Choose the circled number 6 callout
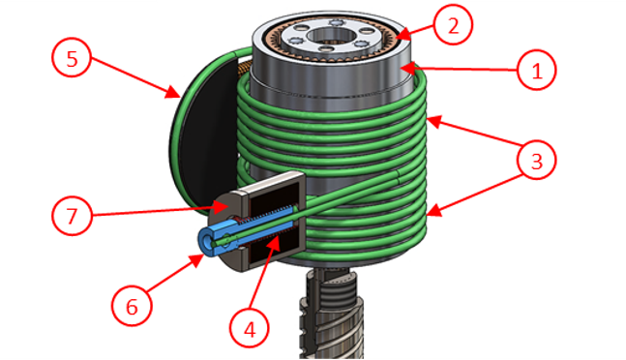pos(132,307)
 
